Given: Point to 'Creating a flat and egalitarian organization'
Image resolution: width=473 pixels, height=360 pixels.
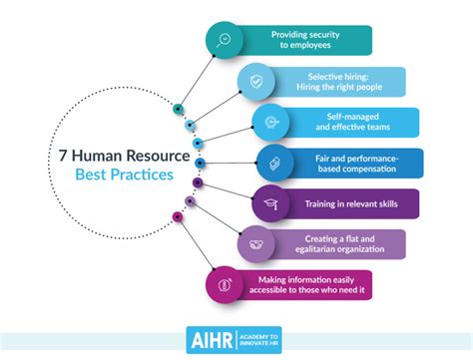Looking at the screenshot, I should point(341,244).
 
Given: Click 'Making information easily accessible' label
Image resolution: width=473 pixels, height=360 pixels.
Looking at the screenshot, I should point(325,285).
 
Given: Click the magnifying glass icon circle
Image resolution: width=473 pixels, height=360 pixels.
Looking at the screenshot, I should point(225,41).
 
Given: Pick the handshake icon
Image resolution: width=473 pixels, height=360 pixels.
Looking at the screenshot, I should point(254,244).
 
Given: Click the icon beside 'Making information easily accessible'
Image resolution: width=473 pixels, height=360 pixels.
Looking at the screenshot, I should point(225,285).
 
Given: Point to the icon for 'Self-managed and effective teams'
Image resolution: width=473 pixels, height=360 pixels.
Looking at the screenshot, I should point(269,122).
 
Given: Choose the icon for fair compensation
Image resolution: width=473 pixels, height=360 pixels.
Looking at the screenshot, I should point(274,163).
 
